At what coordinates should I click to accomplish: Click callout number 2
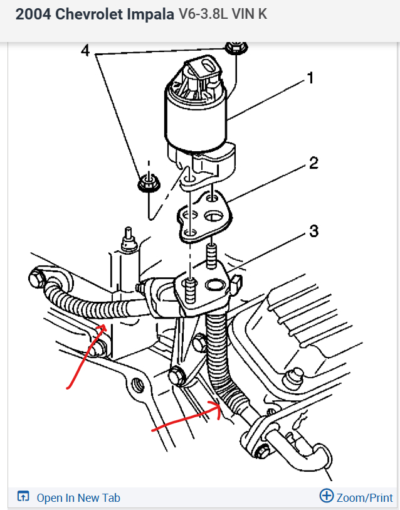tap(313, 164)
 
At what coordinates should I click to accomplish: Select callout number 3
tap(313, 233)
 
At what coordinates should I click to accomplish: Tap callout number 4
tap(85, 50)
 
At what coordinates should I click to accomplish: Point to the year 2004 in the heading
tap(33, 14)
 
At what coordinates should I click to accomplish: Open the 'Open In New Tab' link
tap(78, 497)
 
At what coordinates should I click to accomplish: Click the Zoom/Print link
tap(364, 497)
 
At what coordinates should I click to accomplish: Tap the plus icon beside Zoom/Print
tap(326, 496)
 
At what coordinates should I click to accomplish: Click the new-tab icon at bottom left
tap(23, 497)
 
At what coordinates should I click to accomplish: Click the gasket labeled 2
tap(204, 216)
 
